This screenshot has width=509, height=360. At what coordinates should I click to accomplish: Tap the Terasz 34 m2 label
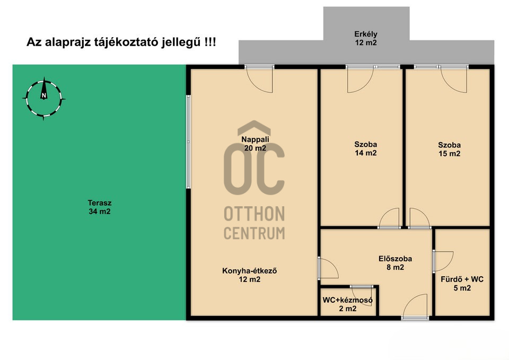coord(100,207)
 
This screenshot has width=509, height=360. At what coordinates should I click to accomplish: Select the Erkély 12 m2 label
coord(366,38)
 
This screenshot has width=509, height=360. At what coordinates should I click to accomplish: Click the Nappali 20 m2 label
coord(255,144)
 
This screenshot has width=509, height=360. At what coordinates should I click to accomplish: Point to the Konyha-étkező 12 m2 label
coord(249,275)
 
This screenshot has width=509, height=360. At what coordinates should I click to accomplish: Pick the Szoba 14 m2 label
coord(365,148)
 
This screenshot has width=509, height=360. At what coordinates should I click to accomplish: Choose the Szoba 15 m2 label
coord(449,150)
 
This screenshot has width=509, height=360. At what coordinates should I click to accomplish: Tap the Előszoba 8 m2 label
coord(395,263)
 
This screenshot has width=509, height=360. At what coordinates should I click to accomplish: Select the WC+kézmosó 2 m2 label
coord(348,304)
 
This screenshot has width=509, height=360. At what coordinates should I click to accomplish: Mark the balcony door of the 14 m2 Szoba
coord(361,79)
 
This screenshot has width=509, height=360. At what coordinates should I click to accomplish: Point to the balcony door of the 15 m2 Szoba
coord(454,79)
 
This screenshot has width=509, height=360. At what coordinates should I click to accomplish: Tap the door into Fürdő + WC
coord(443,261)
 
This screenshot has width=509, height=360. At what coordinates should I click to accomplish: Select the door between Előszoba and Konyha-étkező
coord(328,268)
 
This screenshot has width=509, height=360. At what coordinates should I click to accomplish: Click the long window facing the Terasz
coord(188,142)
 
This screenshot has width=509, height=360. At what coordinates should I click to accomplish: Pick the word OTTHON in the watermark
coord(254,214)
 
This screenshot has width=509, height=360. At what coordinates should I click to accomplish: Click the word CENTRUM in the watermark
coord(254,233)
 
